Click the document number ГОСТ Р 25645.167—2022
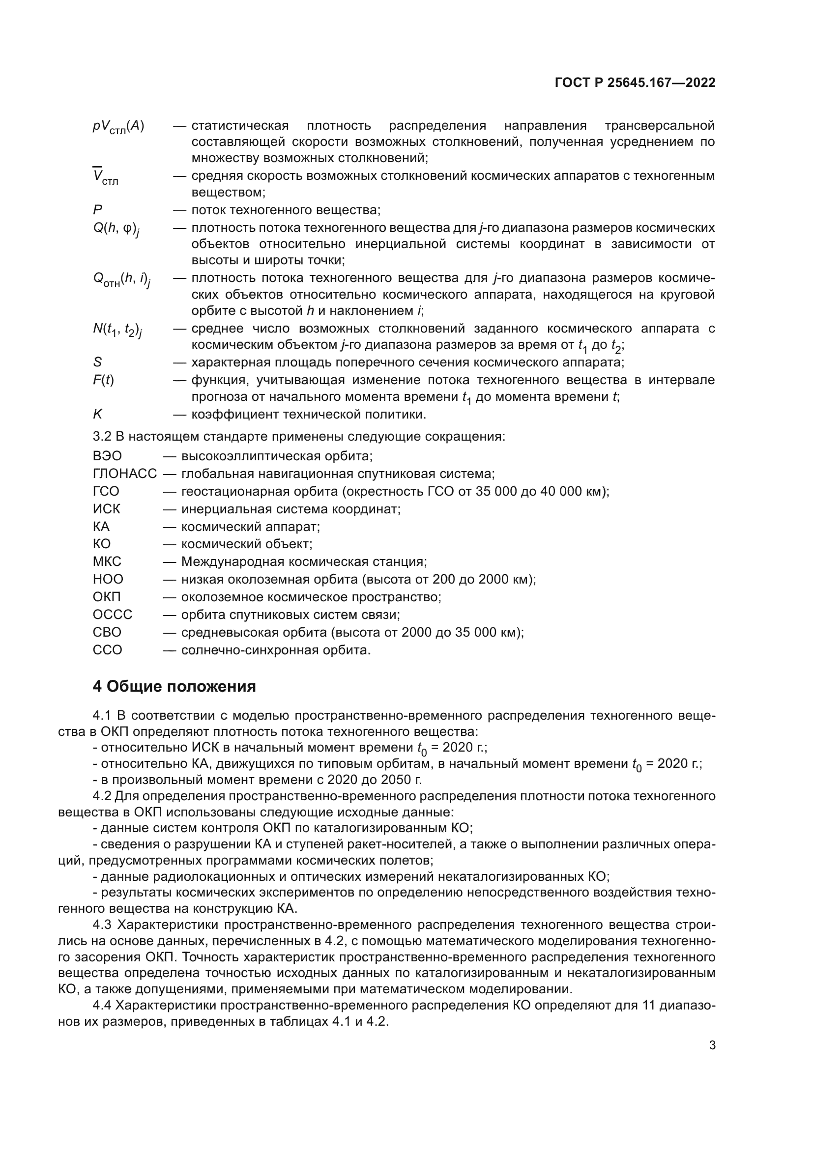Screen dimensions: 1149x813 [x=635, y=83]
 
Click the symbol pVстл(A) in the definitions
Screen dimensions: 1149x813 [x=118, y=126]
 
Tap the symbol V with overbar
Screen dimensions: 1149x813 [x=105, y=177]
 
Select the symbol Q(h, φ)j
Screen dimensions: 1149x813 [x=116, y=229]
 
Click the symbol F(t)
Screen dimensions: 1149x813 [x=103, y=380]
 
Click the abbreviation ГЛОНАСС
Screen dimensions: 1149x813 [x=125, y=474]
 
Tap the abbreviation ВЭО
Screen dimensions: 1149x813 [x=107, y=456]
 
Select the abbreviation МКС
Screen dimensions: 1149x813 [x=107, y=561]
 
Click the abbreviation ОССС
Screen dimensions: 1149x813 [x=112, y=615]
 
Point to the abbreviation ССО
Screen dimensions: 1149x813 [x=107, y=650]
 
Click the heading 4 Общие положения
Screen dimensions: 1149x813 [x=174, y=687]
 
